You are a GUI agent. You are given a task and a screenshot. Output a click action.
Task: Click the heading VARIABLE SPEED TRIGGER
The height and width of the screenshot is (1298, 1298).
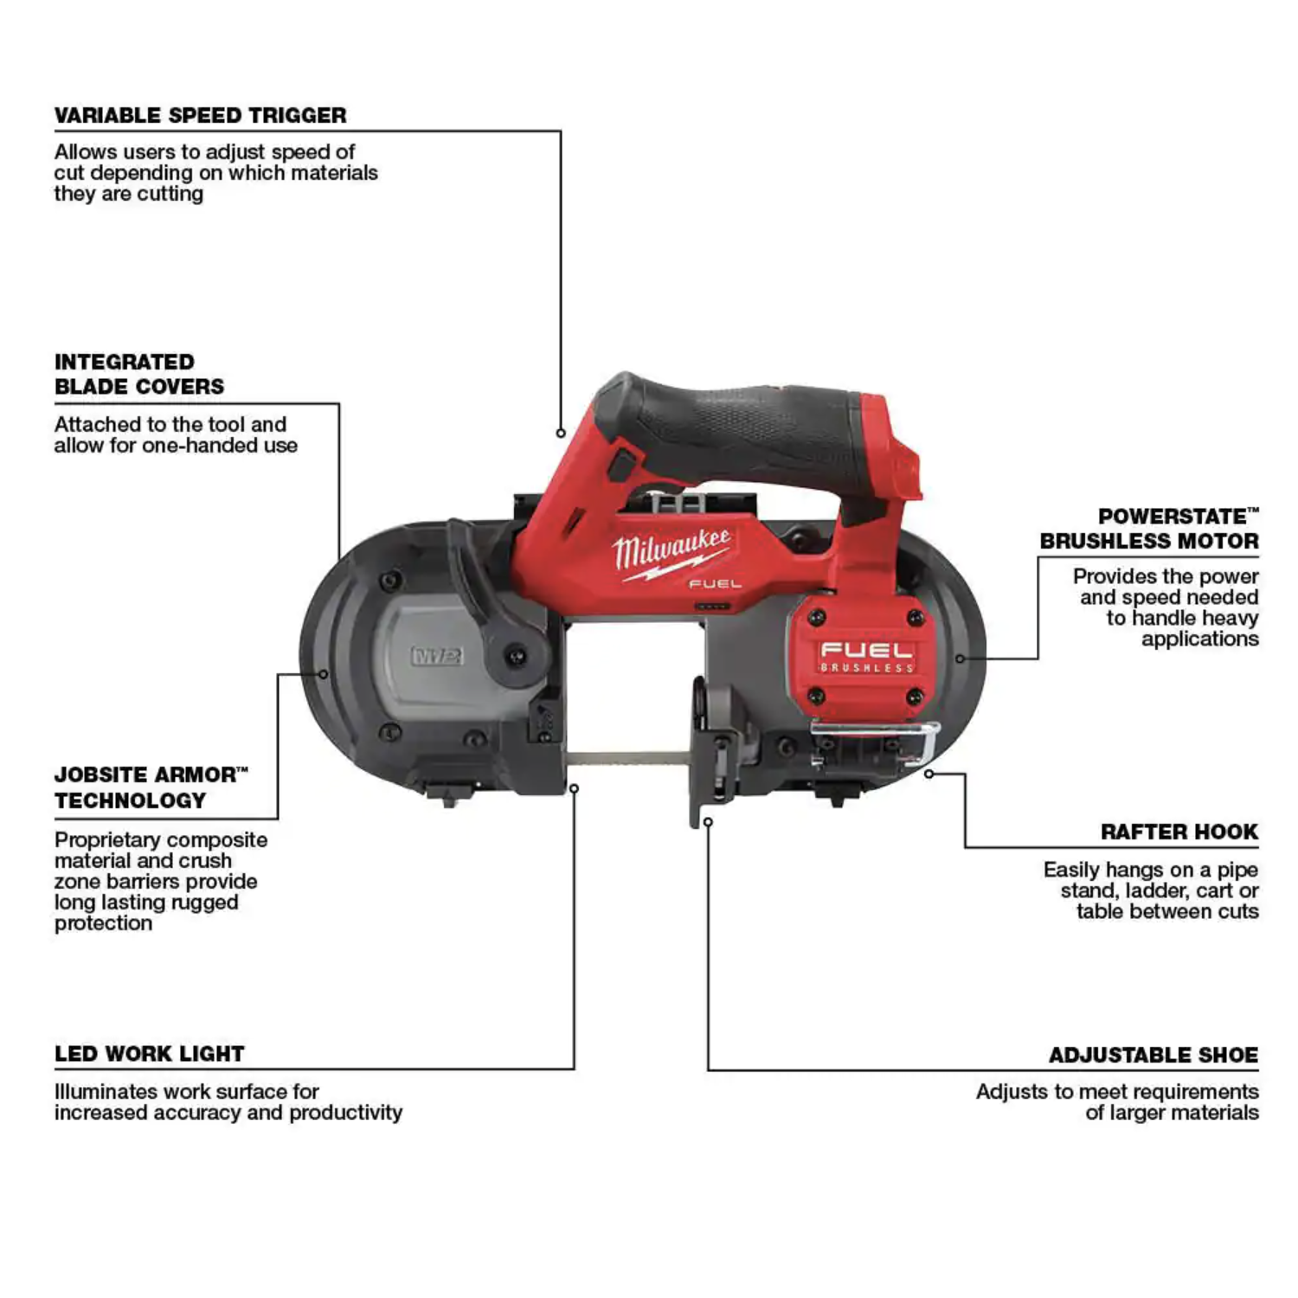coord(200,115)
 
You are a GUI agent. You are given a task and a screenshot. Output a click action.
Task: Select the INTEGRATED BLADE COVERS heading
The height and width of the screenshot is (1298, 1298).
coord(139,374)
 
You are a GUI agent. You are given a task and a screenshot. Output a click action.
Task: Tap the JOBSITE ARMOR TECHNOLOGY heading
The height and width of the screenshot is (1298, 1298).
coord(151,787)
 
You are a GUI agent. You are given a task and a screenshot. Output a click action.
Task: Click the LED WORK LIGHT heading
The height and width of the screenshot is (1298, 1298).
coord(150,1054)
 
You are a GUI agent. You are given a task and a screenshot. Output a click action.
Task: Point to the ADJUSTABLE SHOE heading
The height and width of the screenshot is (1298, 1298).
coord(1153,1055)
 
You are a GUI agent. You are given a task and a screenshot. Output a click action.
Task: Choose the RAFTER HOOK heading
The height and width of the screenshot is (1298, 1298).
coord(1179,832)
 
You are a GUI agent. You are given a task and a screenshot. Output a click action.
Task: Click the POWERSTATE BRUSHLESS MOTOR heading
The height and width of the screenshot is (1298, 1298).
coord(1149,529)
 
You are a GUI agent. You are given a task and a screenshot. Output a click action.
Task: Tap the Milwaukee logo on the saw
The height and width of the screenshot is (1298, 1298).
coord(671,552)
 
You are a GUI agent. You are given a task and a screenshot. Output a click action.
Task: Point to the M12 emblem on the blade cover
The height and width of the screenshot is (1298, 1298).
coord(437,655)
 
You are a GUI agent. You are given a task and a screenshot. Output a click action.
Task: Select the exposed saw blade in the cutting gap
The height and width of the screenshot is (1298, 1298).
coord(627,760)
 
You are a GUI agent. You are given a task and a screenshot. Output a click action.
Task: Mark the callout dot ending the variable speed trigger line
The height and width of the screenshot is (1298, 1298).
coord(561,433)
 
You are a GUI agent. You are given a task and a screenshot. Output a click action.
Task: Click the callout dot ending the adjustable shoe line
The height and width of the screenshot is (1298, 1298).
coord(708,822)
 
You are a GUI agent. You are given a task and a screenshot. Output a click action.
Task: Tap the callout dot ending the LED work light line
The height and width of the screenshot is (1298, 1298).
coord(574,788)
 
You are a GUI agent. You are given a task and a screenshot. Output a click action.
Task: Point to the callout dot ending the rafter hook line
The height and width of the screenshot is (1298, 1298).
coord(929,774)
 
